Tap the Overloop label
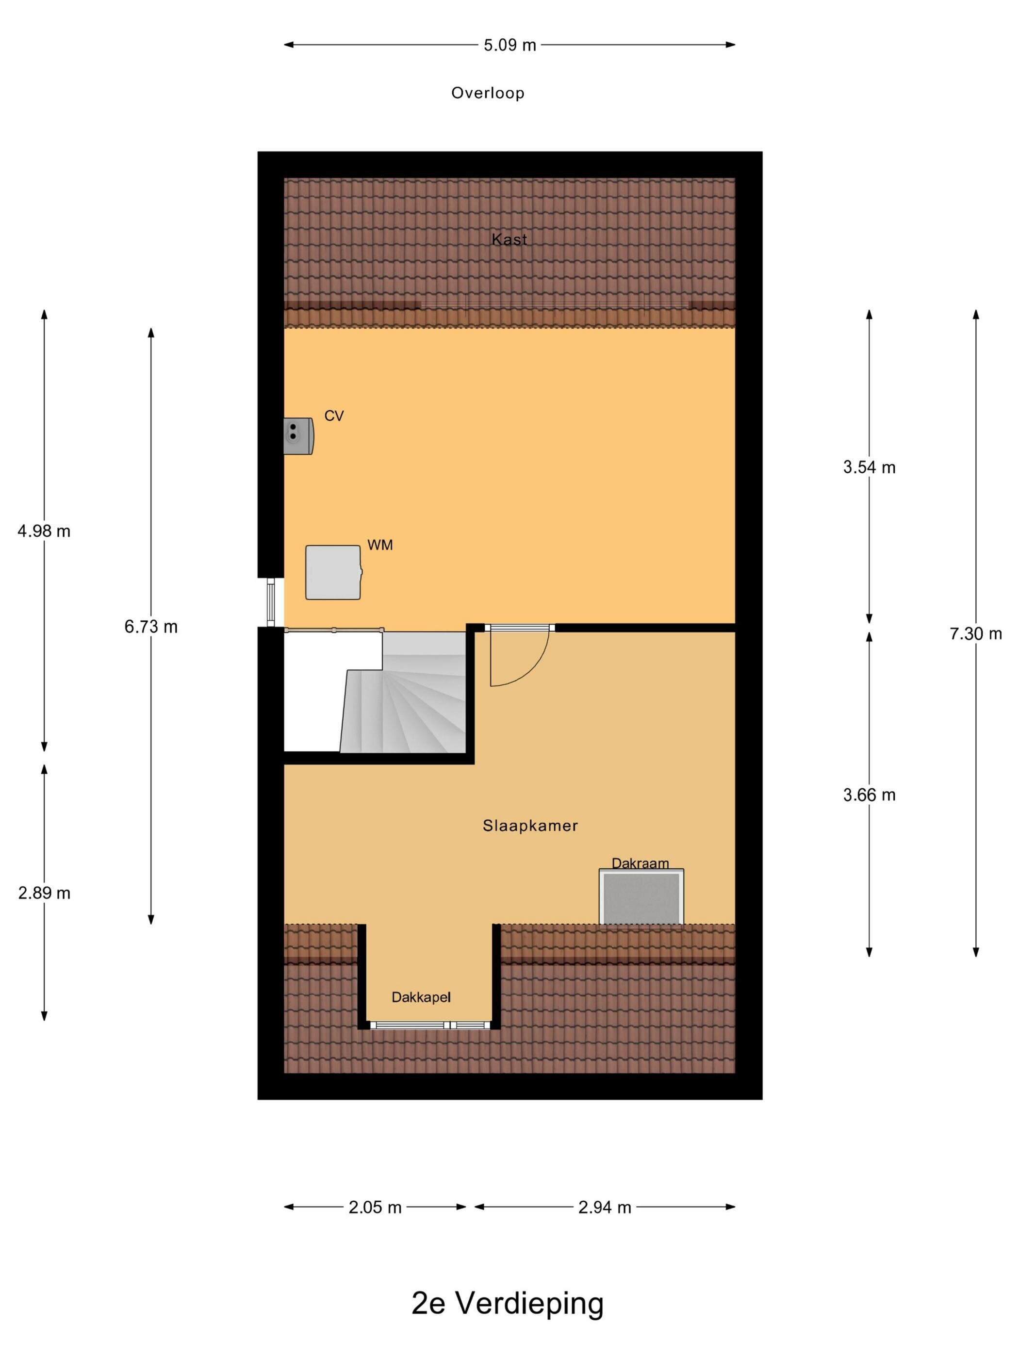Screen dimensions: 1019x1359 (488, 93)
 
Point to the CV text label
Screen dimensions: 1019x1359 (333, 416)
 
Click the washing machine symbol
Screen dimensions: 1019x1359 (333, 572)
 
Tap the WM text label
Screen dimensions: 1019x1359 (379, 545)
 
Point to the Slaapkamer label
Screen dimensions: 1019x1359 (530, 825)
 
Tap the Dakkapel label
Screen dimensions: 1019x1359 (421, 996)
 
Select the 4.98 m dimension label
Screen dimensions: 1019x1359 (44, 531)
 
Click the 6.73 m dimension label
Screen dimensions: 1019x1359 (151, 627)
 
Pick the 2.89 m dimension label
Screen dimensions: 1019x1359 (44, 893)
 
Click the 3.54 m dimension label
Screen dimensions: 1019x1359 (869, 467)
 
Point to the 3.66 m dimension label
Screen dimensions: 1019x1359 (869, 795)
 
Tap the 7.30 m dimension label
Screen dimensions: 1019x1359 (975, 633)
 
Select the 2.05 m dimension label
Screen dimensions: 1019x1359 (375, 1207)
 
